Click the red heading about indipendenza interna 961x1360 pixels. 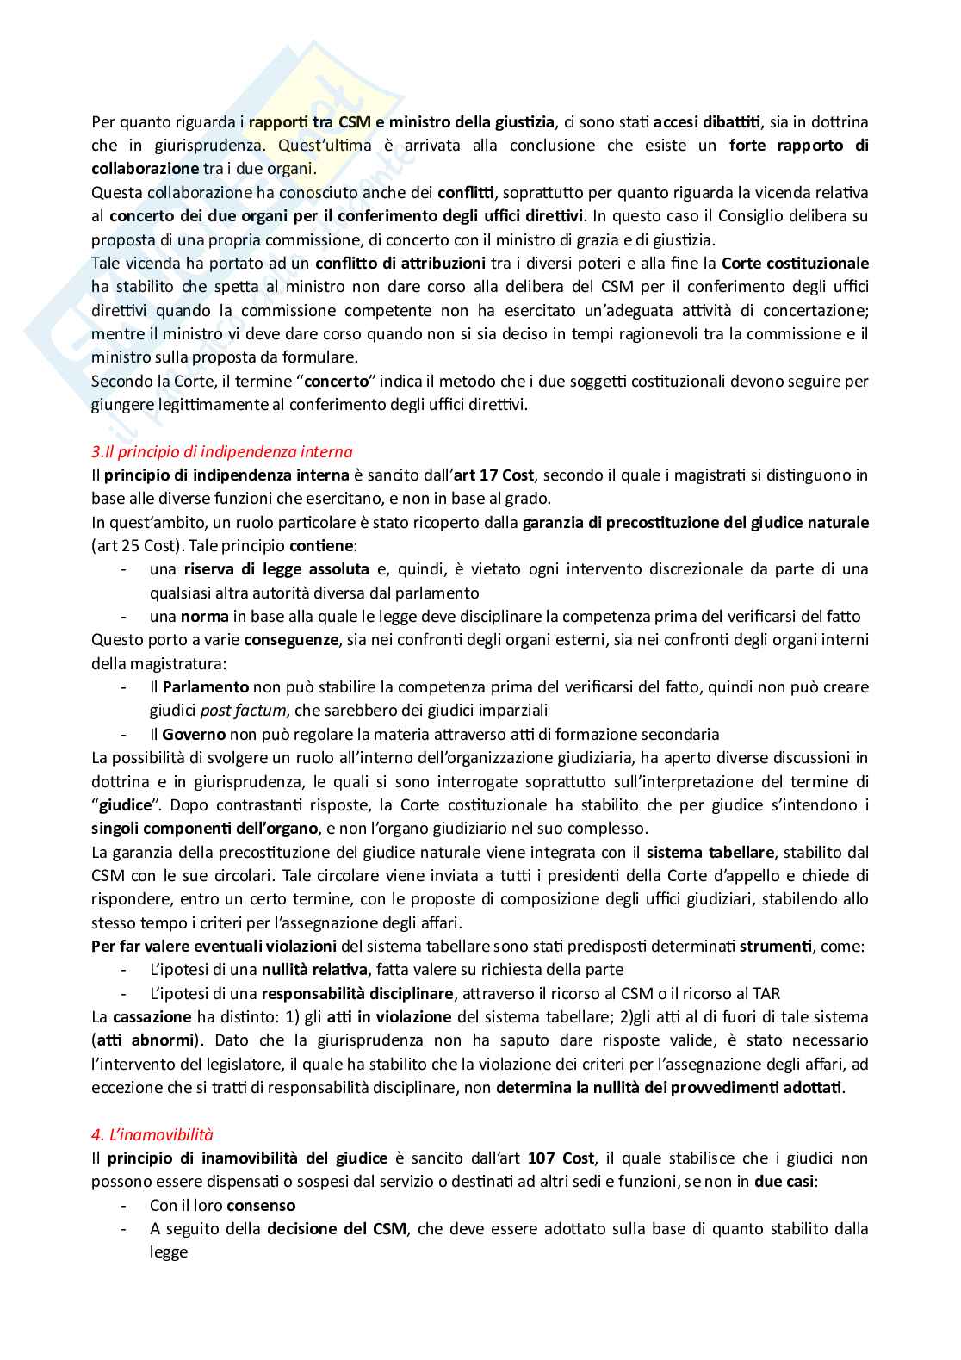click(x=221, y=451)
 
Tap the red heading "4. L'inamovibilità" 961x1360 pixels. click(x=152, y=1134)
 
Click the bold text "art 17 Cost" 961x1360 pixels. click(x=500, y=475)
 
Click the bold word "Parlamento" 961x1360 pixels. click(x=206, y=687)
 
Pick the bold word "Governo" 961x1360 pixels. click(x=194, y=735)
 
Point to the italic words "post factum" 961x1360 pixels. click(x=243, y=711)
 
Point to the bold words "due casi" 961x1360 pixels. click(x=784, y=1182)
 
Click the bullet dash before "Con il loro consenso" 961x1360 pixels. click(x=126, y=1206)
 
